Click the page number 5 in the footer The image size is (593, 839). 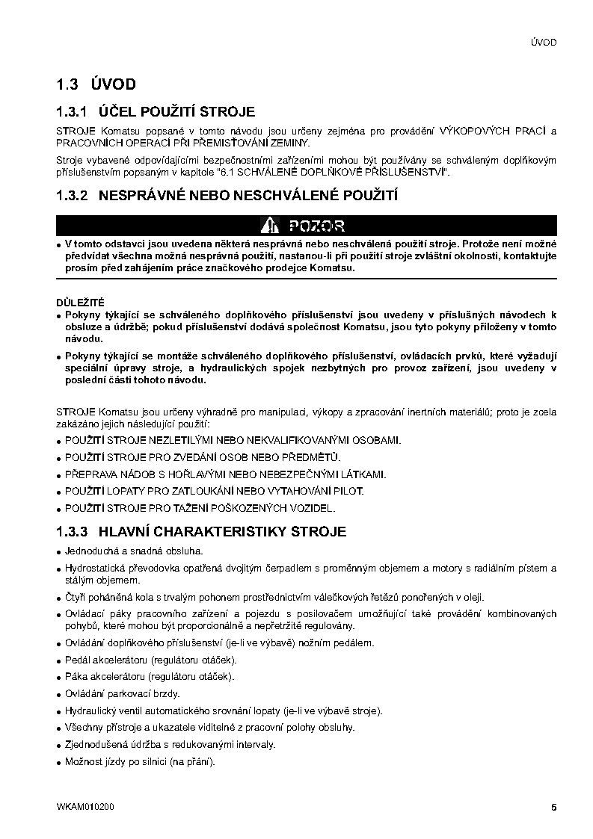[553, 807]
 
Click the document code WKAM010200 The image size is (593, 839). [85, 807]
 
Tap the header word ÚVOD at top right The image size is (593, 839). [543, 43]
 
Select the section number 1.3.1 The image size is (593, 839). [73, 112]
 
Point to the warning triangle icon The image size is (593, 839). [269, 226]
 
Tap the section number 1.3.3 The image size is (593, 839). [73, 532]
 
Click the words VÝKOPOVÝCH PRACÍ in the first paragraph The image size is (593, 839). [491, 131]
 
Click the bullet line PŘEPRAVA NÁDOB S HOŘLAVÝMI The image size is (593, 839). [225, 474]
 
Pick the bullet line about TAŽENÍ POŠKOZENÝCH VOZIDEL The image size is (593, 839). [200, 508]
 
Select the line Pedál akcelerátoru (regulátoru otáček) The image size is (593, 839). [150, 660]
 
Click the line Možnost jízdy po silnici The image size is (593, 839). [140, 761]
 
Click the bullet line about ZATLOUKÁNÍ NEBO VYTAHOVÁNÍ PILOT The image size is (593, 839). [214, 491]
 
